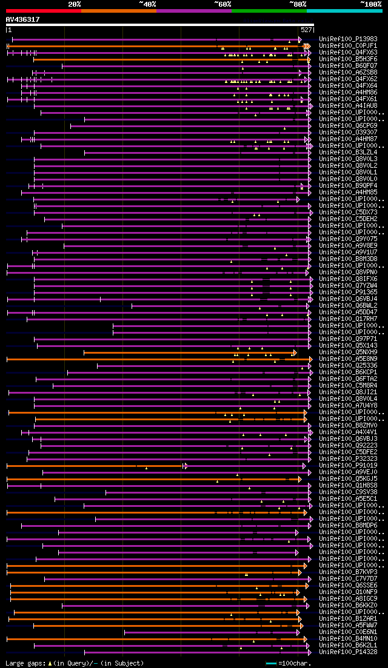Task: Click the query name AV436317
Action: coord(22,19)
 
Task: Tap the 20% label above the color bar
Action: coord(74,4)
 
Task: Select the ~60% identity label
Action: coord(222,4)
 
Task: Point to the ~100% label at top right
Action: coord(370,4)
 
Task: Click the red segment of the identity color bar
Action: coord(43,11)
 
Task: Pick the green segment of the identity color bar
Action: coord(269,11)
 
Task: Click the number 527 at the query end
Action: coord(306,30)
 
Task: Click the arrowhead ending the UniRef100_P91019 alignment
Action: coord(186,466)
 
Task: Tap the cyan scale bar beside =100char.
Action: coord(271,663)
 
